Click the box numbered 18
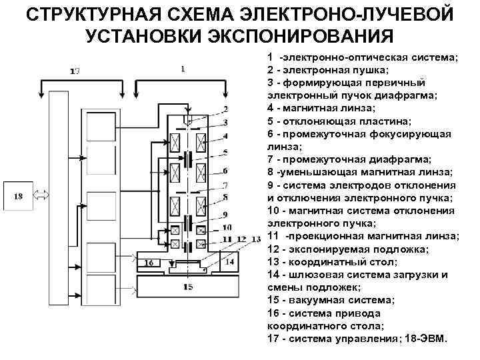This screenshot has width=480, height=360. (x=18, y=196)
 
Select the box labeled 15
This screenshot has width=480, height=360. (x=189, y=286)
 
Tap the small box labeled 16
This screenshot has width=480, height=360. (x=149, y=263)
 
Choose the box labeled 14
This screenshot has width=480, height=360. (x=229, y=261)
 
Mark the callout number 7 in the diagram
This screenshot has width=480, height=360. (x=226, y=185)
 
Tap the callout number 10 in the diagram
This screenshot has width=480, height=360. (x=227, y=227)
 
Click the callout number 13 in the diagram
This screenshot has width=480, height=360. (x=255, y=238)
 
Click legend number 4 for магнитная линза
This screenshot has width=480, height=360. (x=269, y=107)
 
